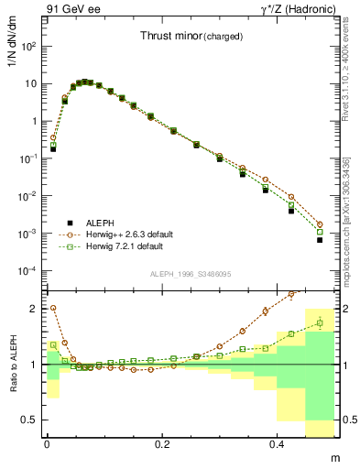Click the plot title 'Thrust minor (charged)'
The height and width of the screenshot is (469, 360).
click(x=191, y=37)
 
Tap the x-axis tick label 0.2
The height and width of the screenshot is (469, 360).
click(x=163, y=444)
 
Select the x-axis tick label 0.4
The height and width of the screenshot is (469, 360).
click(x=279, y=444)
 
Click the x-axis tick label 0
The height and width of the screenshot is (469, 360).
click(x=47, y=444)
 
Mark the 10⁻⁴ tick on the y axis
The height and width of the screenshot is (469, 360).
click(x=27, y=271)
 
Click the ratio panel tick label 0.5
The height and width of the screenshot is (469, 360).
click(x=29, y=420)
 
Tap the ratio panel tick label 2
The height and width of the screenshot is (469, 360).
click(x=33, y=309)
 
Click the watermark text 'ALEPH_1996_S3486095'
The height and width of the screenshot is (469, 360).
click(x=191, y=274)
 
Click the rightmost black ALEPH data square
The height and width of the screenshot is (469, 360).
click(x=320, y=240)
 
